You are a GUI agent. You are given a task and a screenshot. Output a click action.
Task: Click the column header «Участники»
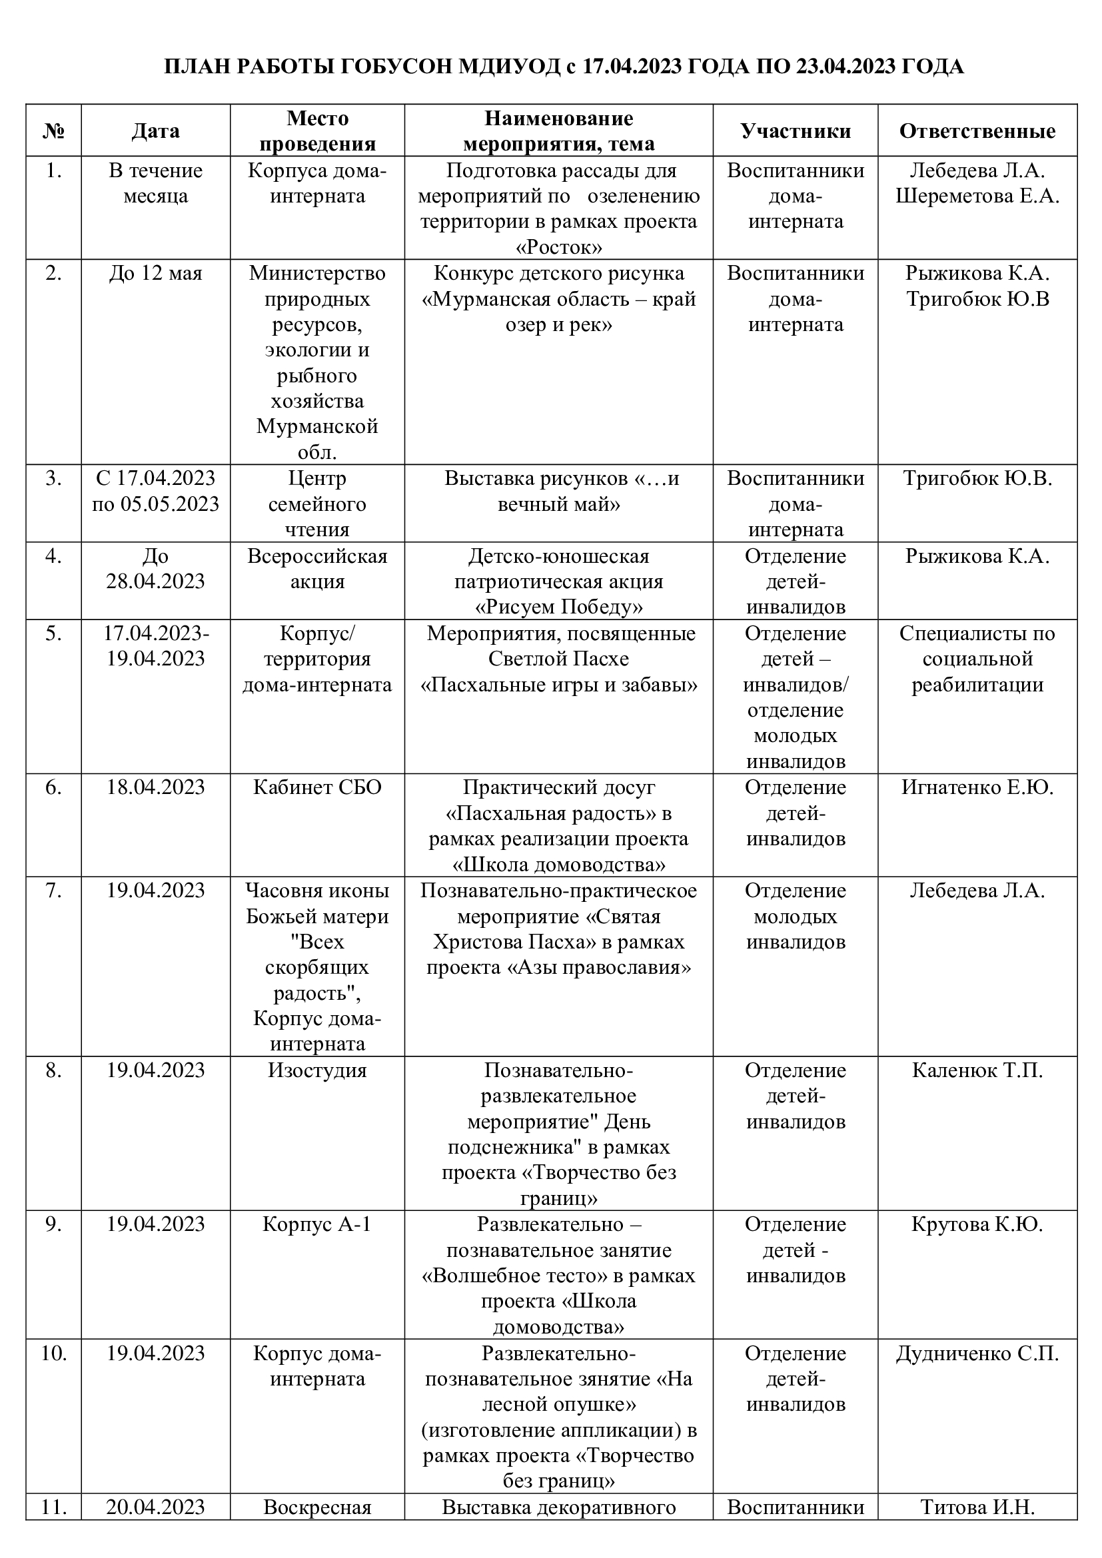coord(796,131)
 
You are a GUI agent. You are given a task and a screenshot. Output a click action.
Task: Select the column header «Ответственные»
coord(977,131)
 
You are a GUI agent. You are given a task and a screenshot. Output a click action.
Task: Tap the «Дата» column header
coord(155,131)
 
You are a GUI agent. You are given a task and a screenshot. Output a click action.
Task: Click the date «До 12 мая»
coord(155,274)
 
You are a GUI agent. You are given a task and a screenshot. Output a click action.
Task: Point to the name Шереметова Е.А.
coord(977,196)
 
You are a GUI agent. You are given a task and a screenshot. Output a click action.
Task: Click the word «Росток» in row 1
coord(558,248)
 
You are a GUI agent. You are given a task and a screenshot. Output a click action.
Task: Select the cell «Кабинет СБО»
coord(317,787)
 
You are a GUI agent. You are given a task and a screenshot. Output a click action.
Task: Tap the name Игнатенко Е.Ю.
coord(977,787)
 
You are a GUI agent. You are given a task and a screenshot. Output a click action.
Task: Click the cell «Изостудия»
coord(317,1070)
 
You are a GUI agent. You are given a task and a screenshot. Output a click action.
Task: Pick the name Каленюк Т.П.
coord(977,1070)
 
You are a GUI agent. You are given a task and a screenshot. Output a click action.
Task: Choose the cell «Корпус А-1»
coord(317,1224)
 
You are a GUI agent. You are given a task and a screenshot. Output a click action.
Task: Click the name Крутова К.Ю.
coord(977,1224)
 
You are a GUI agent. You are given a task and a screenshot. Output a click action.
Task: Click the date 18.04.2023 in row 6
coord(155,787)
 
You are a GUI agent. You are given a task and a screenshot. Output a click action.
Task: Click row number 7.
coord(53,891)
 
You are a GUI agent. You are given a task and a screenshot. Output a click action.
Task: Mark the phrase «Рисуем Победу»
coord(558,607)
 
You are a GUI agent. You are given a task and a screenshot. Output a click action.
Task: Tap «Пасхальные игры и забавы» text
coord(558,685)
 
